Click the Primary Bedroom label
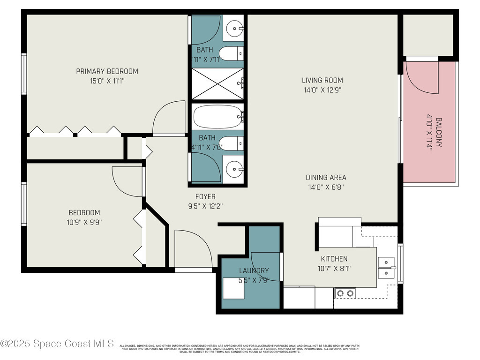coord(107,71)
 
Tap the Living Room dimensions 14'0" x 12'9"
coord(322,90)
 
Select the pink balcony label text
coord(435,132)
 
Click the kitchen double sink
coord(386,267)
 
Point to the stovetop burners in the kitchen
coord(345,293)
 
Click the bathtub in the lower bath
coord(217,117)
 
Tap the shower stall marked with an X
coord(217,84)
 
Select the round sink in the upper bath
coord(233,29)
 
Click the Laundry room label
coord(254,270)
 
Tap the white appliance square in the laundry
coord(233,288)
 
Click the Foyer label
coord(205,196)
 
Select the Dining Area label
coord(326,177)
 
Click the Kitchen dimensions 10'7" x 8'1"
coord(334,269)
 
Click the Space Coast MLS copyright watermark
coord(57,344)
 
